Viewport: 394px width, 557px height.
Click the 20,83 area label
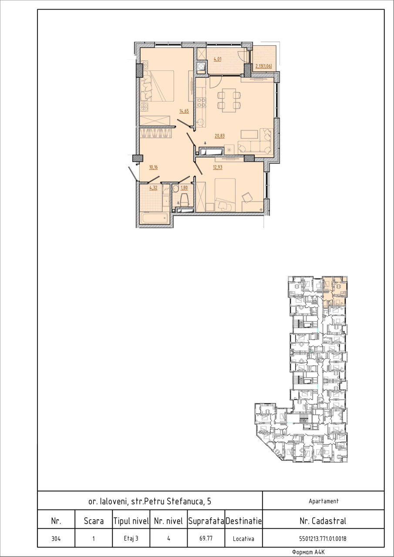click(219, 136)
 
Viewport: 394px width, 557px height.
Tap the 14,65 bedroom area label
click(184, 111)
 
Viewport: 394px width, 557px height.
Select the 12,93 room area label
click(218, 168)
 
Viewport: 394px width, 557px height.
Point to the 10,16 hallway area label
click(154, 168)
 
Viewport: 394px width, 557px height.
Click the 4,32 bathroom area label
click(153, 188)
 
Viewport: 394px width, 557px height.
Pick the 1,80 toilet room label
click(184, 188)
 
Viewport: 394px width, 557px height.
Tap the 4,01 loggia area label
click(218, 60)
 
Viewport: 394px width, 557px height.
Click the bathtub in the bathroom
click(155, 218)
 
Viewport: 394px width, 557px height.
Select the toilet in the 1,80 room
click(184, 199)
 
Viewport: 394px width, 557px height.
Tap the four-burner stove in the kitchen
click(201, 102)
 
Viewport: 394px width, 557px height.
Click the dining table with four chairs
click(229, 101)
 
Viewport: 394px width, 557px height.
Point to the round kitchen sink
click(200, 123)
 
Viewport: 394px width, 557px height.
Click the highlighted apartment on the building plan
click(334, 292)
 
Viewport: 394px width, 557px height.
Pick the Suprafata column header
click(206, 521)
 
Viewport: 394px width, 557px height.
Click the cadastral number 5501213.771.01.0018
click(323, 539)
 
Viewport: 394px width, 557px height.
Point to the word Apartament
click(323, 501)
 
